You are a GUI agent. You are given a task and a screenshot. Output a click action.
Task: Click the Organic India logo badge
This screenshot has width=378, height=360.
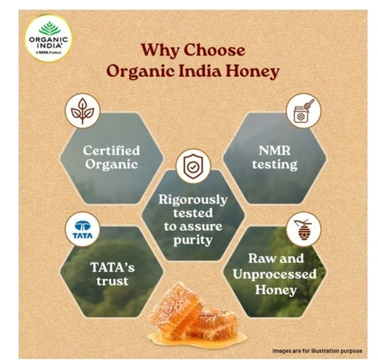click(48, 37)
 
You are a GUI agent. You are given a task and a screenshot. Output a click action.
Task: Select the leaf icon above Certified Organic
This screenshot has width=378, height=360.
click(83, 111)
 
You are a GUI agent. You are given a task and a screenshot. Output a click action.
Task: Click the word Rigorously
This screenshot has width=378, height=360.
click(192, 199)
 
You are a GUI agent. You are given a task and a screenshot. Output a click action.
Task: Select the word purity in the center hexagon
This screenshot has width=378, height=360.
click(193, 240)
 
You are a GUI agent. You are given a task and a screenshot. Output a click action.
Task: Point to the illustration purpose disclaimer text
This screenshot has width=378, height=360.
click(318, 350)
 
